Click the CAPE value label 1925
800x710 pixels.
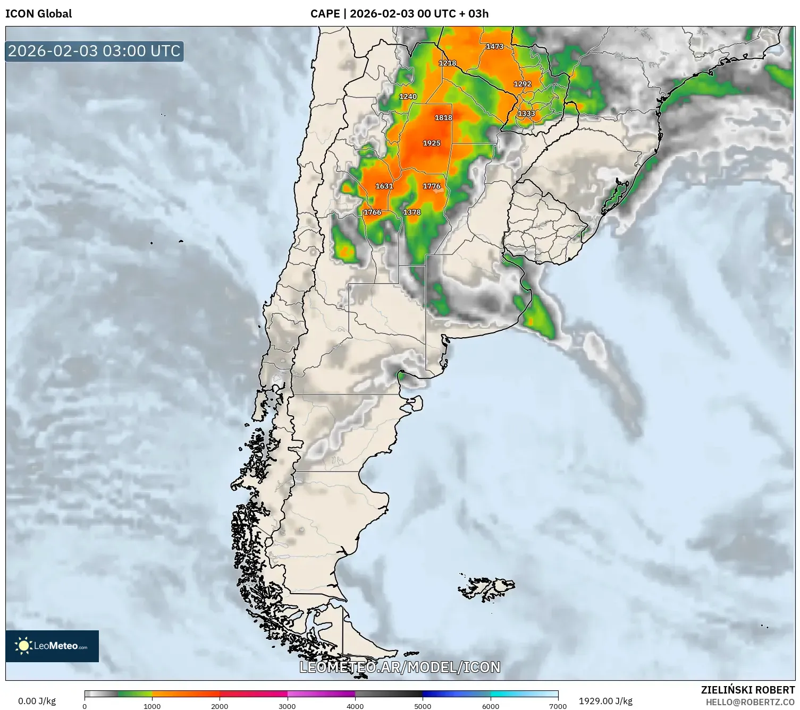(432, 143)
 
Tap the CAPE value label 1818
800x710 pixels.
(443, 118)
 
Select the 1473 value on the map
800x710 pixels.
(494, 47)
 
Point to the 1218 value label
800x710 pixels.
(448, 63)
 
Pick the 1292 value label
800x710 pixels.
(523, 84)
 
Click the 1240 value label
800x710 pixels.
(408, 97)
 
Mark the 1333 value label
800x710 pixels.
(527, 114)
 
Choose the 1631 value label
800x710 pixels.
(384, 186)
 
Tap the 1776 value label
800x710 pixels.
(432, 186)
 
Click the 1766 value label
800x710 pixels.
(373, 212)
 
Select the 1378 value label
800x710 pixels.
(412, 212)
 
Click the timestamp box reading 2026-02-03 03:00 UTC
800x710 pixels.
(95, 52)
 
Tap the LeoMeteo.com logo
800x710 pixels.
(52, 646)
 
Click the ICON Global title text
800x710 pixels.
(39, 14)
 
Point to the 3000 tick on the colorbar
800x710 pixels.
(288, 706)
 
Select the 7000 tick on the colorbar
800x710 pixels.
(558, 706)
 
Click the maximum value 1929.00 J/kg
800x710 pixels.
(605, 701)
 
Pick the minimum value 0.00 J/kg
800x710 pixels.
(37, 701)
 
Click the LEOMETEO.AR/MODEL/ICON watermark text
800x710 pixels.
(400, 667)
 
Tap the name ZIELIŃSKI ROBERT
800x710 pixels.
(747, 690)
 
